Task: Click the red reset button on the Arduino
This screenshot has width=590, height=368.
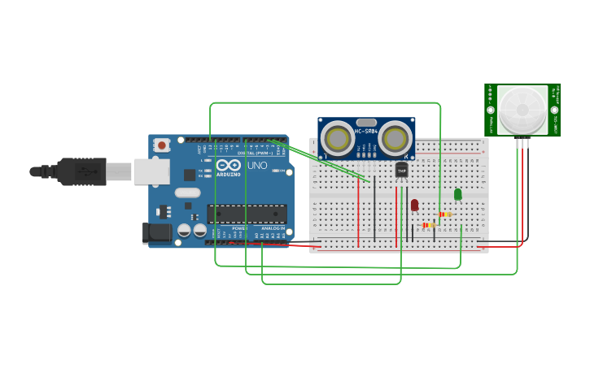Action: [162, 145]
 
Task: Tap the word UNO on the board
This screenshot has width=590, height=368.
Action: [257, 166]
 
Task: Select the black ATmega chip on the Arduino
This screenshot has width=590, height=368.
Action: [247, 214]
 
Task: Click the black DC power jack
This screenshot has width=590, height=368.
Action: [157, 233]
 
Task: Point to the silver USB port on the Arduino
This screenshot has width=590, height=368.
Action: [151, 171]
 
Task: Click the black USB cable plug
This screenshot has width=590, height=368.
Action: [81, 171]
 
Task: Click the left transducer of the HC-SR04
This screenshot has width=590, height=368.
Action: [337, 138]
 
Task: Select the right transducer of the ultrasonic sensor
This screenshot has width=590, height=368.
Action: [395, 138]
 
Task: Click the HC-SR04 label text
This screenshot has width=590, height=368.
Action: [366, 131]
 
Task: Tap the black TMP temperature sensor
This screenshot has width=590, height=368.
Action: [401, 170]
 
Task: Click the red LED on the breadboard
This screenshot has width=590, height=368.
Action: [414, 205]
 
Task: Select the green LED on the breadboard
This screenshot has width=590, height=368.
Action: [457, 194]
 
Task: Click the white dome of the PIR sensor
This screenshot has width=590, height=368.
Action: [522, 110]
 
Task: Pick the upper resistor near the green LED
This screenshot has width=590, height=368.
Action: [444, 214]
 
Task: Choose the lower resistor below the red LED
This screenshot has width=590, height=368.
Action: [428, 225]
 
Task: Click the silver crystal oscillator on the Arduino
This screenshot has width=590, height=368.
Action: [187, 193]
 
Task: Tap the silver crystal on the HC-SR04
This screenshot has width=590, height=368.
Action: [366, 122]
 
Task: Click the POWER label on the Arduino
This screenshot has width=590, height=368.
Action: [240, 229]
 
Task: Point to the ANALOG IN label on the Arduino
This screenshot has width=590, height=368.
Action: [273, 229]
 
